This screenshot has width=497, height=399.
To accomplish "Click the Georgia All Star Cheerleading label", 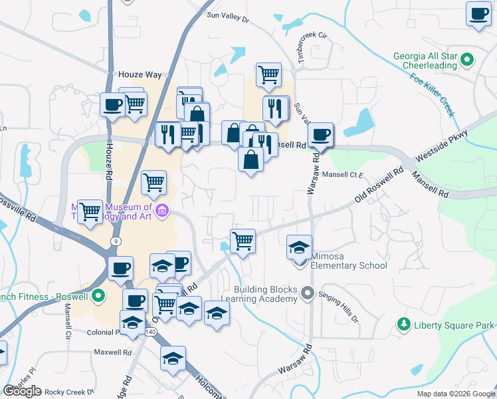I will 425,61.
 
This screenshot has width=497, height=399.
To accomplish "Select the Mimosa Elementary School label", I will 349,266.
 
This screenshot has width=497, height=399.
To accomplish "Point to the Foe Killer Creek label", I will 432,96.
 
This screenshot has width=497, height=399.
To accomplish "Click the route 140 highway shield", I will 150,331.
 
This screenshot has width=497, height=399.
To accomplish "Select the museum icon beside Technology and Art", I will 161,212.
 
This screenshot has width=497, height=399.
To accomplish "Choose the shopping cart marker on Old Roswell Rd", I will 243,241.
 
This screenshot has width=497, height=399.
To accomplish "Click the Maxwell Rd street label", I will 110,352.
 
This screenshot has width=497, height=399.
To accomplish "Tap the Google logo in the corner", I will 23,391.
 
